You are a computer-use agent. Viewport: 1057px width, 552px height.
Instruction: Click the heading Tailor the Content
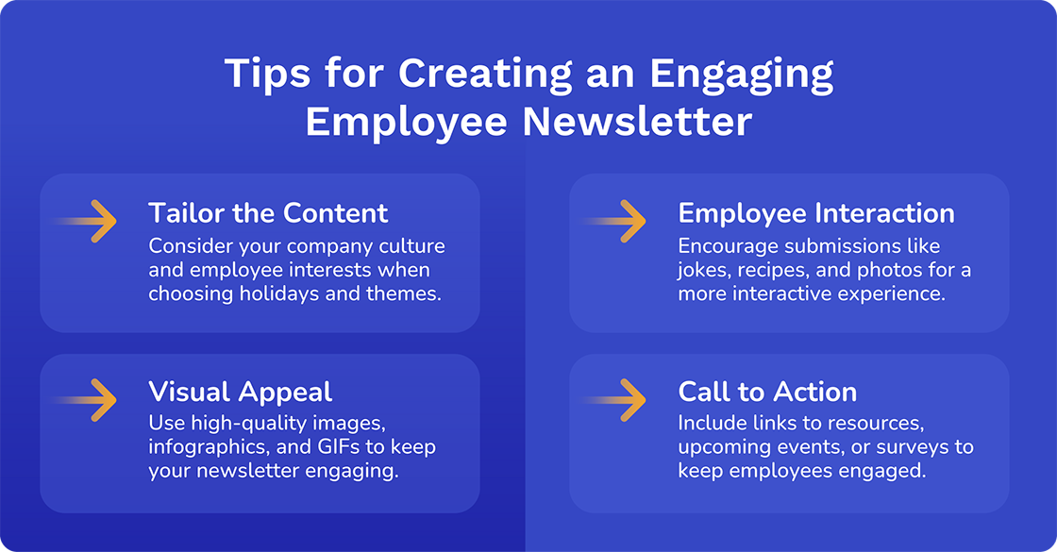[x=268, y=212]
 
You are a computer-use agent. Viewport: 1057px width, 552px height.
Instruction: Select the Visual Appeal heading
[x=240, y=391]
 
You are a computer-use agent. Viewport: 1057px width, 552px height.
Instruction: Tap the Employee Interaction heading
[x=816, y=212]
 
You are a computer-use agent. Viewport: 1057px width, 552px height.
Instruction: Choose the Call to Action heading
[x=767, y=391]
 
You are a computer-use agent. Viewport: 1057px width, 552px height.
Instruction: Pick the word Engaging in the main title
[x=738, y=74]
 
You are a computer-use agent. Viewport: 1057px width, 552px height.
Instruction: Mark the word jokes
[x=702, y=270]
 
